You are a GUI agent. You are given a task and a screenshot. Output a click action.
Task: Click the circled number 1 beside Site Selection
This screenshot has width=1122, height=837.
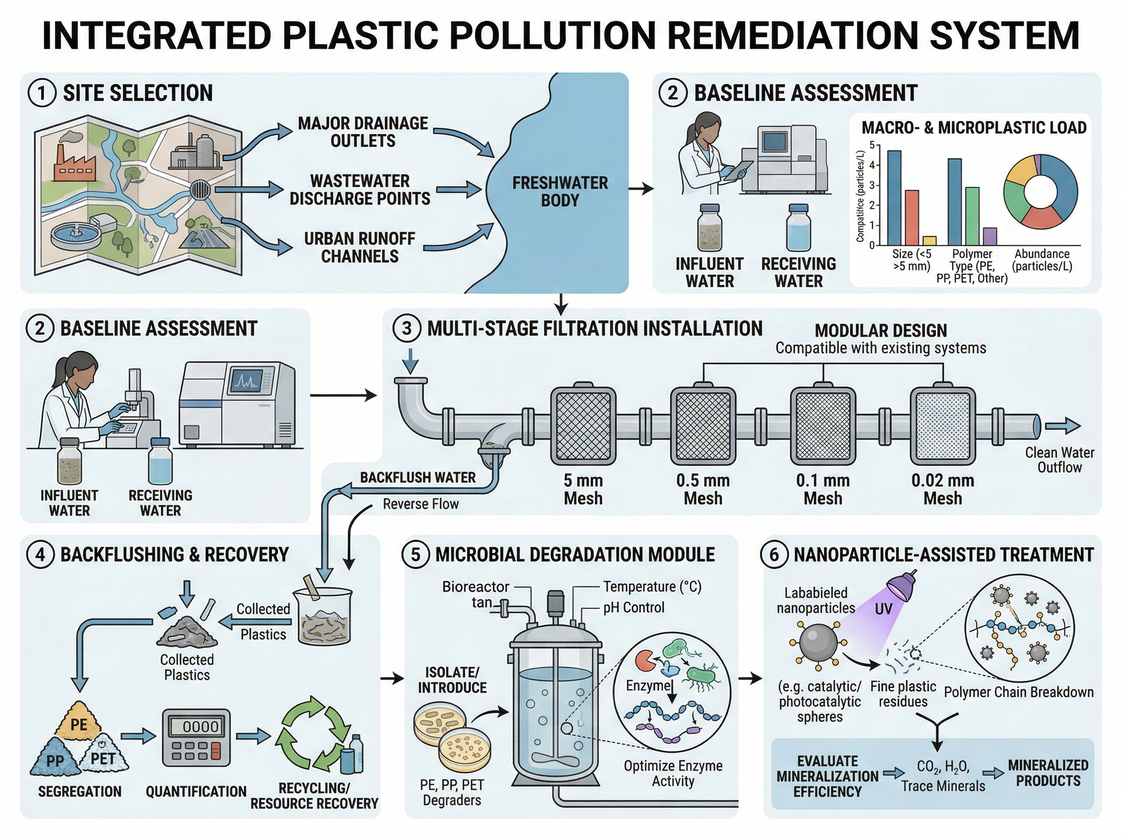[x=42, y=94]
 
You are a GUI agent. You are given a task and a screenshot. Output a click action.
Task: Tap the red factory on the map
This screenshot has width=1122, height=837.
[x=74, y=163]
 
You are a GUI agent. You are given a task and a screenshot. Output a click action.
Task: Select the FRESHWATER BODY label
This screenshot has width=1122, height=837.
[x=560, y=192]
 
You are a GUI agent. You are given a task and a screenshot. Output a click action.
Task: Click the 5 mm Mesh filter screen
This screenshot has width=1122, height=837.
[x=583, y=426]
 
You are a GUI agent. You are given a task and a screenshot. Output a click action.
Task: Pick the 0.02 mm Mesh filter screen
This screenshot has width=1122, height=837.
[x=942, y=426]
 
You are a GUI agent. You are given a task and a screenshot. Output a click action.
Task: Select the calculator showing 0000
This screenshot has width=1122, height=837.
[x=196, y=738]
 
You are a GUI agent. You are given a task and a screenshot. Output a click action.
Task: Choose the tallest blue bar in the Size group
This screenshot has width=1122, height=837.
[x=894, y=198]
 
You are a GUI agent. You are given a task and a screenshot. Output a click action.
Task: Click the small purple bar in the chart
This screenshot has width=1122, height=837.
[x=990, y=236]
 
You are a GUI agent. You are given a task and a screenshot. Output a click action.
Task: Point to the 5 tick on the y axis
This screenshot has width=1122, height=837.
[x=872, y=145]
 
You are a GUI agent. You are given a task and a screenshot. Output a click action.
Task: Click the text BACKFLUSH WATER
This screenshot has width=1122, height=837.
[x=418, y=478]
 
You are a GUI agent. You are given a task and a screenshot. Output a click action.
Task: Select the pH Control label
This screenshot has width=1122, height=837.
[x=633, y=608]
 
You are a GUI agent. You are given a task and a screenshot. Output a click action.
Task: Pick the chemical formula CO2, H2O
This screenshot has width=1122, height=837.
[x=943, y=767]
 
